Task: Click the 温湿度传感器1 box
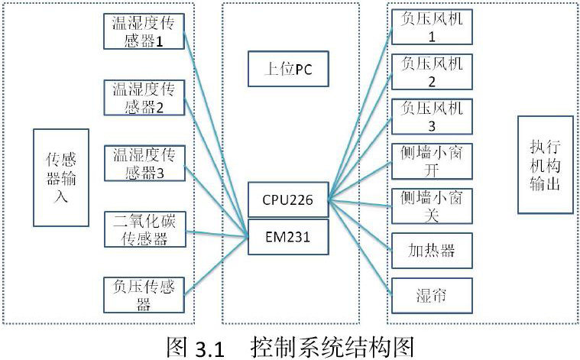click(x=144, y=29)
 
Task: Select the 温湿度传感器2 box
click(x=144, y=96)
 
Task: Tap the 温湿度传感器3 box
click(x=144, y=163)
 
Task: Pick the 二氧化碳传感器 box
click(x=144, y=229)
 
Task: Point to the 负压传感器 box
click(x=144, y=295)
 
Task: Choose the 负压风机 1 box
click(x=431, y=28)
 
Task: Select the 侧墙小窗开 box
click(x=431, y=161)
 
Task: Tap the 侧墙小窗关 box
click(x=431, y=205)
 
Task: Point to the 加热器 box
click(x=431, y=250)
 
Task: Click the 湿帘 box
click(x=431, y=294)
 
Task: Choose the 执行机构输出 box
click(x=546, y=164)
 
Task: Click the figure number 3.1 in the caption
click(x=207, y=348)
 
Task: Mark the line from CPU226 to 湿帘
click(x=359, y=246)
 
